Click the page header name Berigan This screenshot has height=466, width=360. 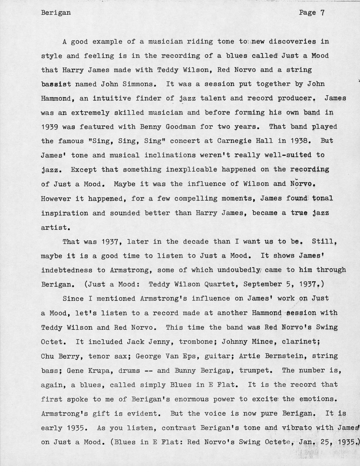click(56, 13)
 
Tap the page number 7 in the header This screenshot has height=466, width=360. click(323, 13)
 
